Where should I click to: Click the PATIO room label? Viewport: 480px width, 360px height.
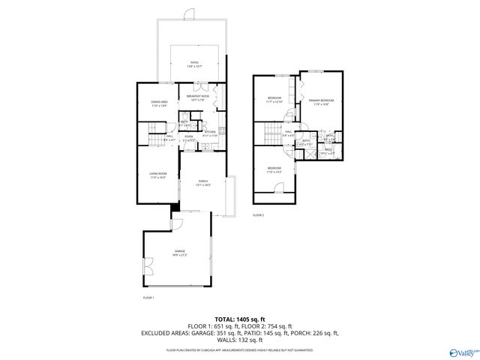point(193,64)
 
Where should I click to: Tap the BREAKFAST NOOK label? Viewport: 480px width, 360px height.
point(197,98)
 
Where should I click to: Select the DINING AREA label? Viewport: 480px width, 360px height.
point(158,103)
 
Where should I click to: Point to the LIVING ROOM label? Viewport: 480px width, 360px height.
point(157,175)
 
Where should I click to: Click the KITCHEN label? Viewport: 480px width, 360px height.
point(210,133)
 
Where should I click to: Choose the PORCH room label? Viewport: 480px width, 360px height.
point(202,182)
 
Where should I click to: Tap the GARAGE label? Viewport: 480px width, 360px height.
point(179,252)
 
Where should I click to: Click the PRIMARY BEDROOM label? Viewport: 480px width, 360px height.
point(320,102)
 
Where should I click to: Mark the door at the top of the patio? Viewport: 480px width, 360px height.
point(190,15)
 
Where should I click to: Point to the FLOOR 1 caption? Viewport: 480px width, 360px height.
point(148,298)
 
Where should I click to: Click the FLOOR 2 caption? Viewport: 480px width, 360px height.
point(258,215)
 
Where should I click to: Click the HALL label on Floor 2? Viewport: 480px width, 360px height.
point(288,133)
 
